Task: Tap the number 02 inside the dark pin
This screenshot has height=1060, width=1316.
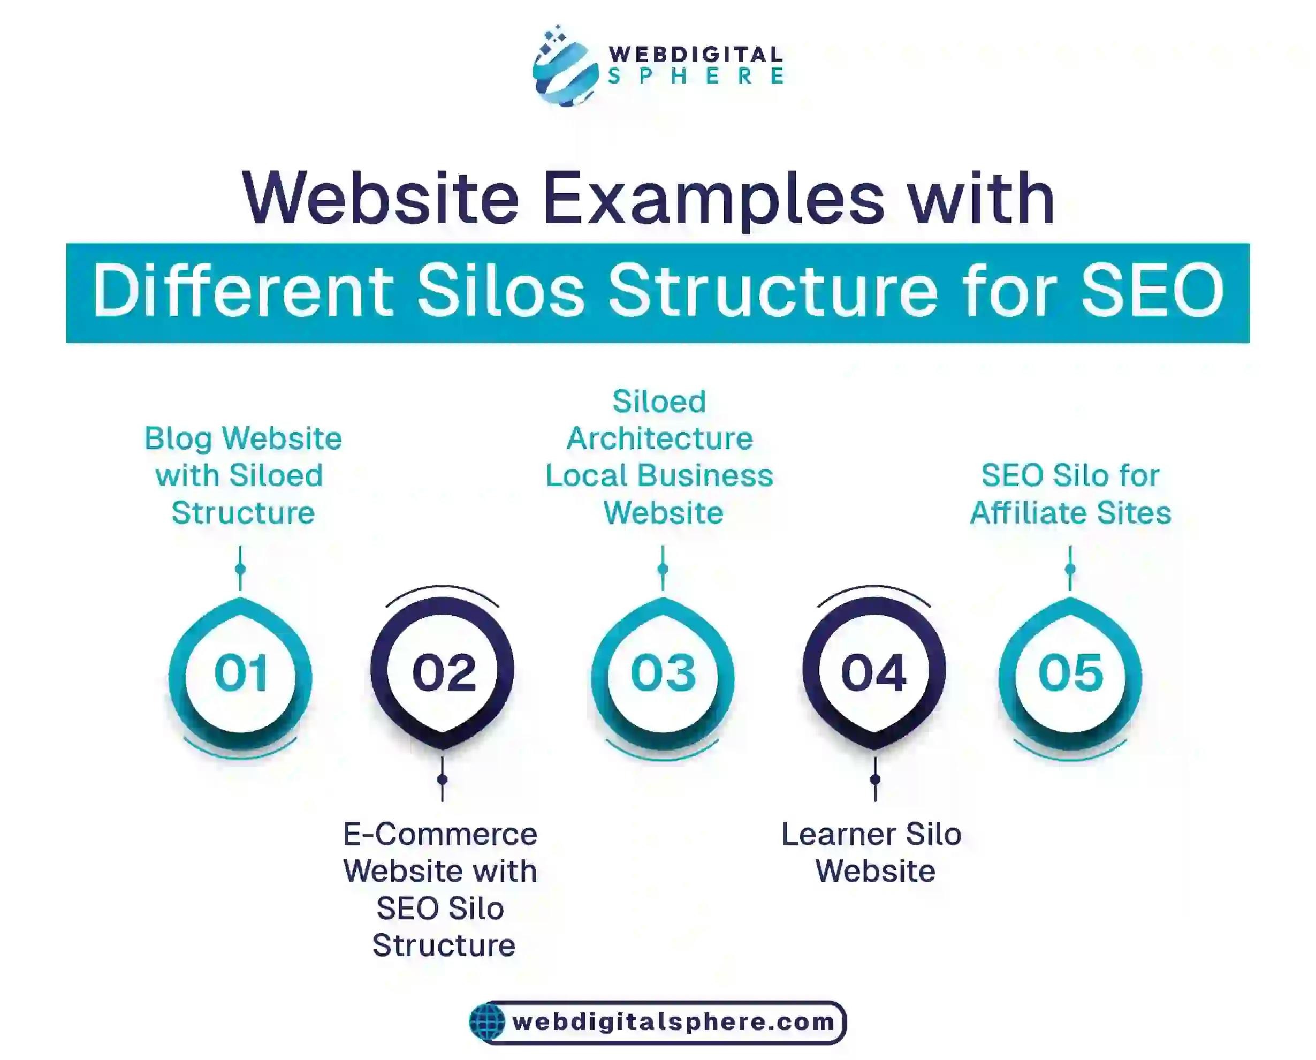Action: pos(444,673)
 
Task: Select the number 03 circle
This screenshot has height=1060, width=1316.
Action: pos(663,673)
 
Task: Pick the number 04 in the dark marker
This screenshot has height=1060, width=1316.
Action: pos(873,673)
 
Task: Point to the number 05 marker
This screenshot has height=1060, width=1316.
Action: pos(1071,673)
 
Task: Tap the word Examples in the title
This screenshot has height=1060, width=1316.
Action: pos(712,199)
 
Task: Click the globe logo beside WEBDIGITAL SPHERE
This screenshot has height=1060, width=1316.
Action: pos(565,67)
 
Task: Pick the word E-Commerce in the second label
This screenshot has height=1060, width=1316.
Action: pos(440,834)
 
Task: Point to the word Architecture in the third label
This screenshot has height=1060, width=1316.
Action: pos(660,438)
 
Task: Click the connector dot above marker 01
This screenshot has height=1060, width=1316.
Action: pos(240,569)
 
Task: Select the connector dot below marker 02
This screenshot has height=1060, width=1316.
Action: pos(443,779)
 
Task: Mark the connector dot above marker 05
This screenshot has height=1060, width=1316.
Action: pos(1070,569)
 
